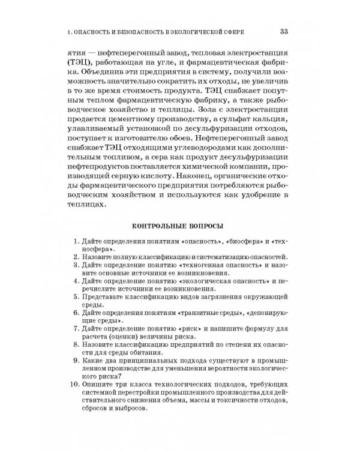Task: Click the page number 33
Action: (x=285, y=31)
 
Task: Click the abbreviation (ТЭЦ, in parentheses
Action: (x=79, y=63)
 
